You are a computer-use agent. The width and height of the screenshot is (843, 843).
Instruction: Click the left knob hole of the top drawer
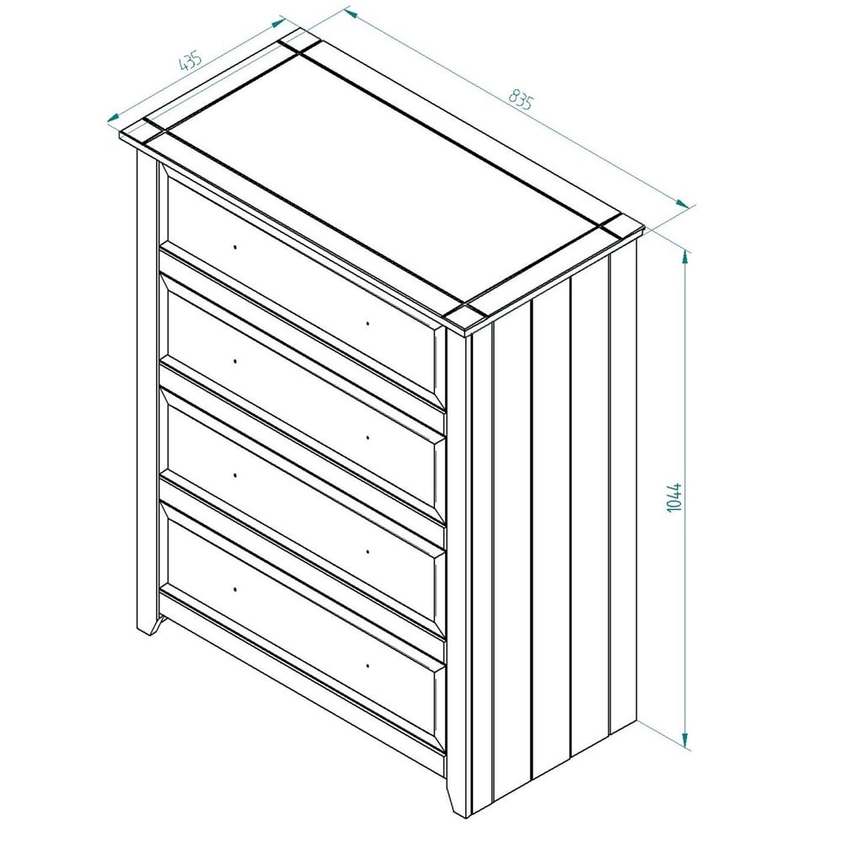click(x=235, y=247)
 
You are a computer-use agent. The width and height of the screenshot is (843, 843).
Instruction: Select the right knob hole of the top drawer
click(x=368, y=324)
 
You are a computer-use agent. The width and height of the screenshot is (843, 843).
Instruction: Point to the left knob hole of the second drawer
click(x=235, y=361)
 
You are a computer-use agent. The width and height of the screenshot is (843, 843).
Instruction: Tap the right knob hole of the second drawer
click(x=368, y=438)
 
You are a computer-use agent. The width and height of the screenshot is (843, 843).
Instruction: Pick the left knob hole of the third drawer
click(x=235, y=475)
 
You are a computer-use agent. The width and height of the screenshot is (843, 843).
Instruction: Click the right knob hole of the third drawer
click(x=368, y=551)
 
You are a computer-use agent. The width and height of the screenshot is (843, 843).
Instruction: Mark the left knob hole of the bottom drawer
click(x=235, y=589)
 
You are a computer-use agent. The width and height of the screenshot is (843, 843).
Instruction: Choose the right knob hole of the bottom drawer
click(x=368, y=666)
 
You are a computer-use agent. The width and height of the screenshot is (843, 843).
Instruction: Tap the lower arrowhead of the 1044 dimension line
click(x=685, y=741)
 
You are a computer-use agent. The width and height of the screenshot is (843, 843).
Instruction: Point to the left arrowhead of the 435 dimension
click(x=113, y=118)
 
